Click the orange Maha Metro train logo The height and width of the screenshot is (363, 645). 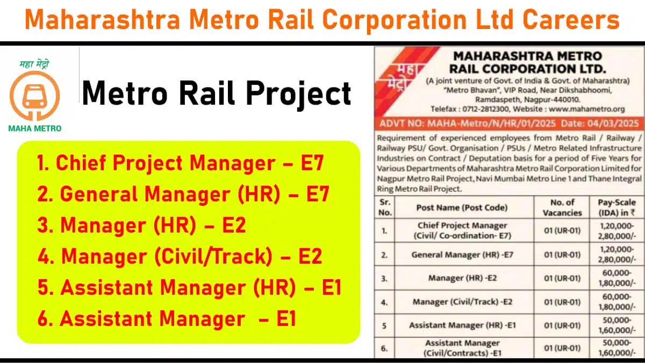tap(34, 96)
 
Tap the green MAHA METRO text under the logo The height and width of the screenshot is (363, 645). tap(35, 128)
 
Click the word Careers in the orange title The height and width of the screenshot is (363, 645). tap(571, 19)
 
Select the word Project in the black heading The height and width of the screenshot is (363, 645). tap(298, 93)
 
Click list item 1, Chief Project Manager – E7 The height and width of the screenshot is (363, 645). tap(181, 163)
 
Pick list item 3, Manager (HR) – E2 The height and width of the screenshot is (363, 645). tap(142, 225)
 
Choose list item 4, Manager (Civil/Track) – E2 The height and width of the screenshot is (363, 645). tap(180, 256)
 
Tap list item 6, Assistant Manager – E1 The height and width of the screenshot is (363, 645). tap(167, 318)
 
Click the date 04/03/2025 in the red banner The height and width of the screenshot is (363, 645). tap(613, 124)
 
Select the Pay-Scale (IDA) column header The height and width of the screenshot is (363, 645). tap(617, 208)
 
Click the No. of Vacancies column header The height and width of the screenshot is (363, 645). tap(562, 208)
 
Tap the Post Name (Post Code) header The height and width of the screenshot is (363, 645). tap(462, 208)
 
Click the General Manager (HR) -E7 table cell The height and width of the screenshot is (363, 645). tap(462, 255)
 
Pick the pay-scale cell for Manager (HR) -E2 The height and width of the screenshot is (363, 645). tap(617, 278)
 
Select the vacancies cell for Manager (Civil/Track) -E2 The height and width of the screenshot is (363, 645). tap(562, 302)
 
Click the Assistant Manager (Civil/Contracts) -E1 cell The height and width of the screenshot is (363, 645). tap(462, 348)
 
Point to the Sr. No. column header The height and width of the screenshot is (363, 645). tap(385, 208)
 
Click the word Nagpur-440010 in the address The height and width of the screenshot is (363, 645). tap(551, 100)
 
